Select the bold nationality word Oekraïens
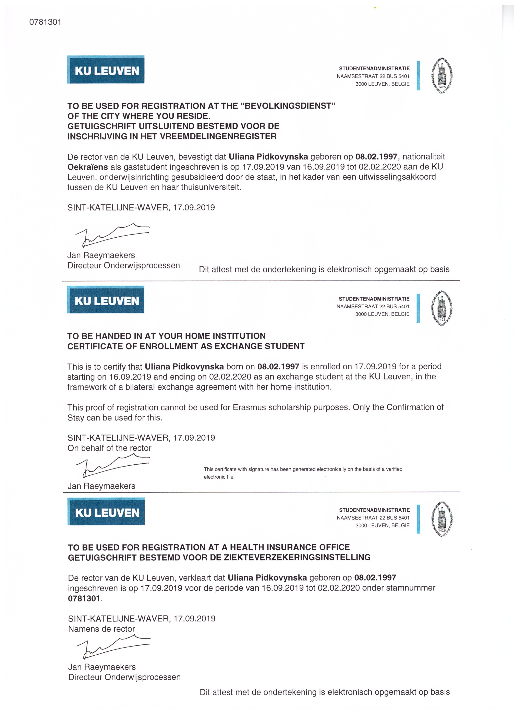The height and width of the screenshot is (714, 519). coord(87,167)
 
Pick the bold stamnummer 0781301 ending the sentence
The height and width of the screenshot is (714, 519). coord(84,598)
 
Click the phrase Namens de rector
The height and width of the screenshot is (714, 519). coord(101,629)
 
